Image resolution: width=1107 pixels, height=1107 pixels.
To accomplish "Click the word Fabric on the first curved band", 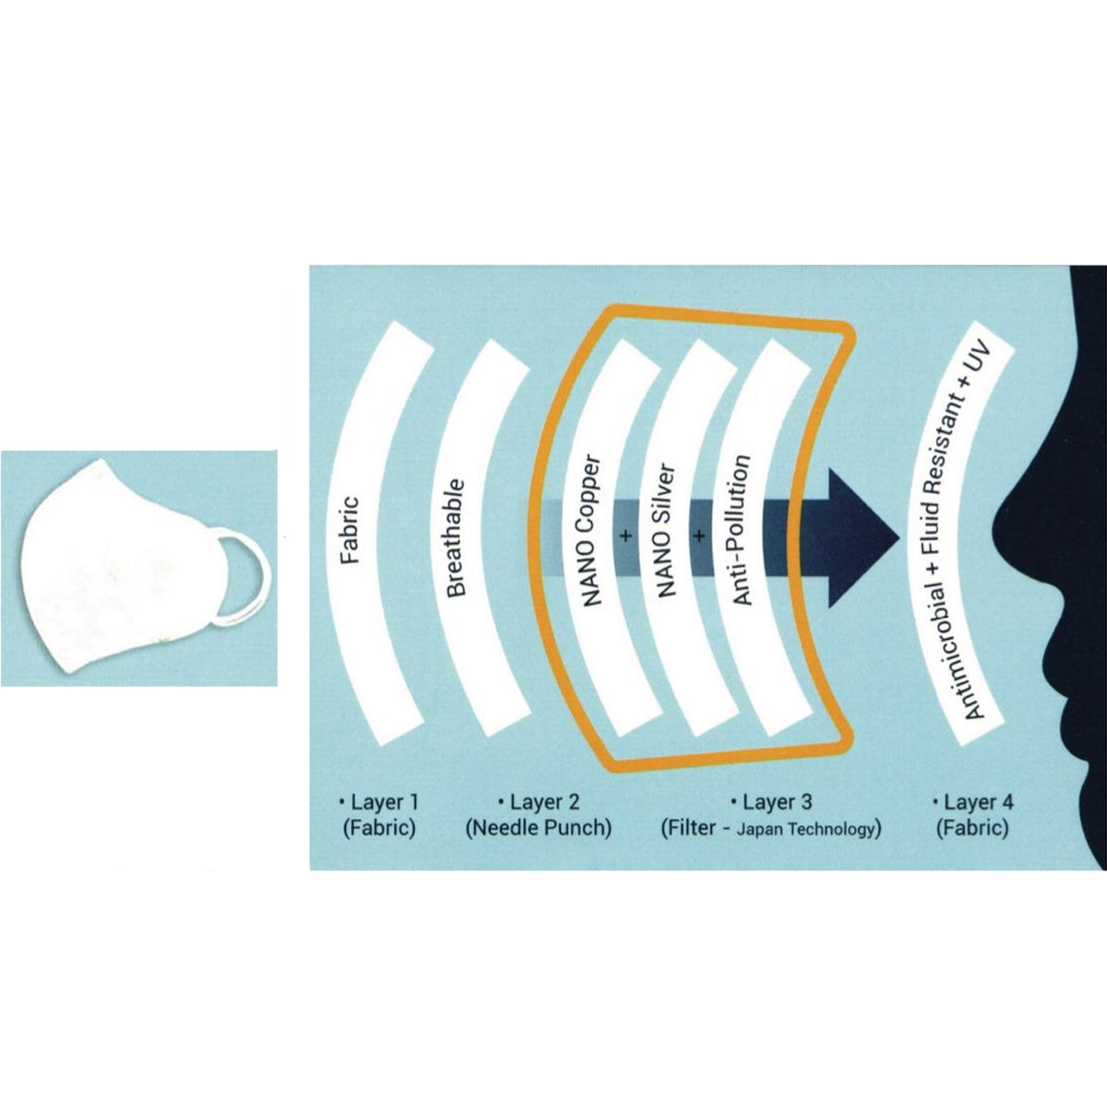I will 350,528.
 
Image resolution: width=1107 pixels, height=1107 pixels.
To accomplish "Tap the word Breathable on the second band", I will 457,538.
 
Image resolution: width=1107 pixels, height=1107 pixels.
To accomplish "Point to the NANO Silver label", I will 666,534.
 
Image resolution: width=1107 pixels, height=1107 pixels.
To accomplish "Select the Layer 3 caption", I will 771,802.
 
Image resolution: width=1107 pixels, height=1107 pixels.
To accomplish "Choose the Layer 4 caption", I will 973,802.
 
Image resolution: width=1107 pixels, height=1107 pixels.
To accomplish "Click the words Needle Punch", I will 538,829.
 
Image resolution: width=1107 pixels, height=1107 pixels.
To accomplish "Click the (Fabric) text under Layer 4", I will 973,829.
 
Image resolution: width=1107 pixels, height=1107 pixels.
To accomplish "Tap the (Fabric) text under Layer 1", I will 380,829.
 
